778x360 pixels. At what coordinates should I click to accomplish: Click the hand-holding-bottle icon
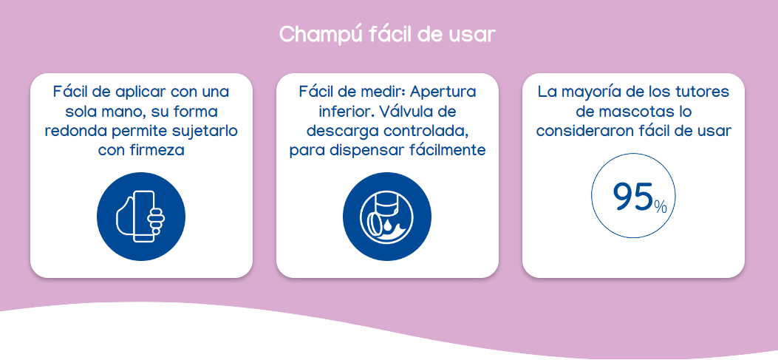tap(141, 217)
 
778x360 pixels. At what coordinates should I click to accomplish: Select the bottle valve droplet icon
tap(387, 217)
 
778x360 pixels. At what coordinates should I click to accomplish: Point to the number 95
tap(632, 197)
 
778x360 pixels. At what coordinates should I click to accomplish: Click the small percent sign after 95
tap(661, 206)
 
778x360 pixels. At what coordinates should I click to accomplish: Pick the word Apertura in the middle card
tap(443, 92)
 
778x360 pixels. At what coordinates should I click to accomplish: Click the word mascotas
tap(619, 111)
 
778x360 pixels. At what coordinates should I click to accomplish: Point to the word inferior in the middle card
tap(344, 111)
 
